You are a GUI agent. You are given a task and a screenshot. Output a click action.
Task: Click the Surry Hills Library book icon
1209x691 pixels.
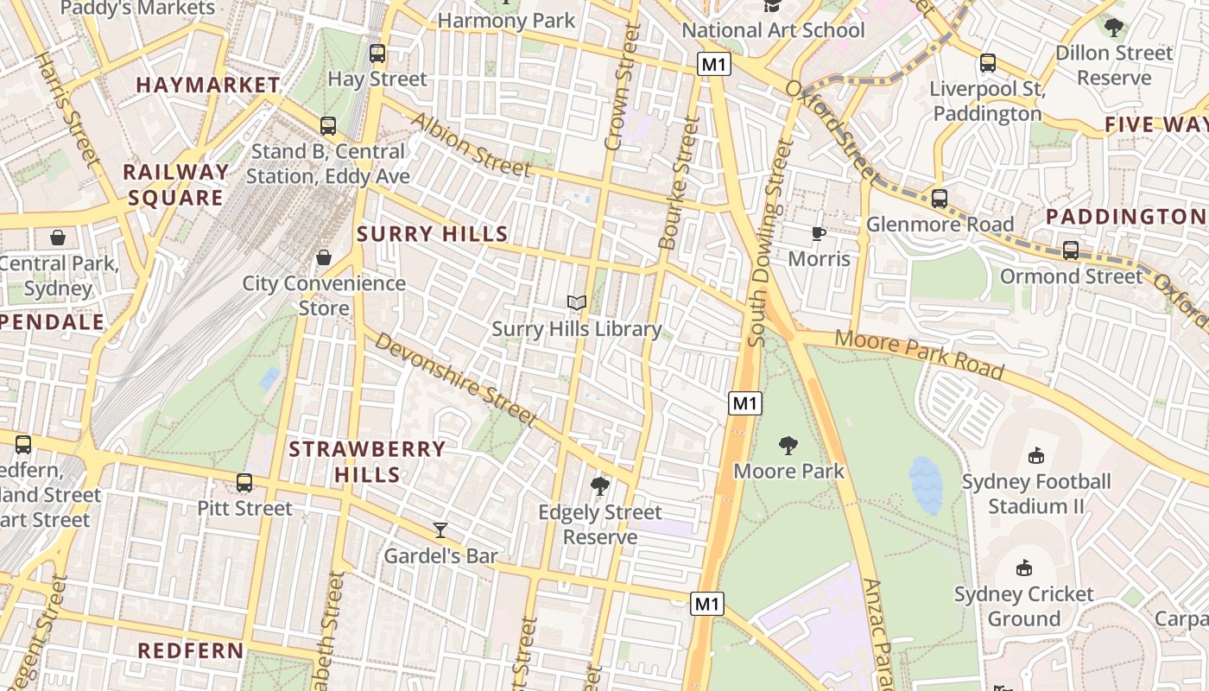577,302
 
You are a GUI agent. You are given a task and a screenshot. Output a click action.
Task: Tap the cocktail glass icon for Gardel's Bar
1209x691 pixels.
440,529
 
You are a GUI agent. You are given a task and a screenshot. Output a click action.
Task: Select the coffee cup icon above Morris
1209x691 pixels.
819,233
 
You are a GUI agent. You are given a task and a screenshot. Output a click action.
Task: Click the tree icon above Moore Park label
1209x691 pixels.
788,446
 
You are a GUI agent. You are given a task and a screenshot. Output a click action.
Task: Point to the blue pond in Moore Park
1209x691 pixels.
926,484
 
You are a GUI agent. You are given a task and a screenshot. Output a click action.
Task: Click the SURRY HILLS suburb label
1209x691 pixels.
433,234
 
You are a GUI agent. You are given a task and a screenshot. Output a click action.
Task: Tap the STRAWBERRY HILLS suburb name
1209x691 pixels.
367,461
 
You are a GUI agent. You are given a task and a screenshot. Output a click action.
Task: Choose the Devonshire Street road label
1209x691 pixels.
456,378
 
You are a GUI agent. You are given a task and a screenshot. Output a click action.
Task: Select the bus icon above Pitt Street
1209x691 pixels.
244,483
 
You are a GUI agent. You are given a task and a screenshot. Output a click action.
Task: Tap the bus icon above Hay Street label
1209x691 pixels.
377,54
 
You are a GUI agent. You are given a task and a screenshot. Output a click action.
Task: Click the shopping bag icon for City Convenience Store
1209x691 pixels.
324,257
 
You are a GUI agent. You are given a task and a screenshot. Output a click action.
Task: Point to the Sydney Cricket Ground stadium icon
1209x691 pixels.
1024,567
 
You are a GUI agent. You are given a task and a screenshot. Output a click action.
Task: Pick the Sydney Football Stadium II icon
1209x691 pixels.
1036,455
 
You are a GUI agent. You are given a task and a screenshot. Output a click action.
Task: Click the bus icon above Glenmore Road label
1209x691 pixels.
940,199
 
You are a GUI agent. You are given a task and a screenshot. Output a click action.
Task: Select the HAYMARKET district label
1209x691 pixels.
208,85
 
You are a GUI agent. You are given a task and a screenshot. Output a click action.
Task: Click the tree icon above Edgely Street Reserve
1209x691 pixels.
599,486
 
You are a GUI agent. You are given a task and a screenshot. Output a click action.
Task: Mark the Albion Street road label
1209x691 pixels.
472,145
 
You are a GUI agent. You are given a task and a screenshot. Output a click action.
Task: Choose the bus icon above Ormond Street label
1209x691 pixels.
1071,250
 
